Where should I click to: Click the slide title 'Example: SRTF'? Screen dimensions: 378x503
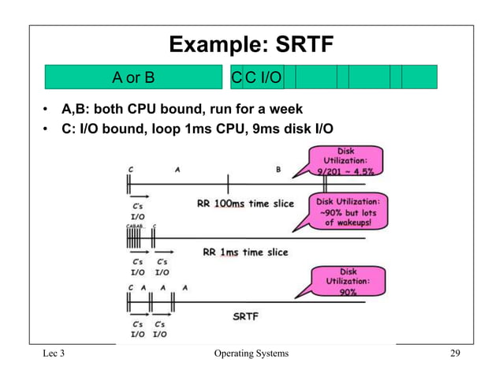point(251,45)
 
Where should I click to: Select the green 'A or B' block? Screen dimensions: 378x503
point(133,77)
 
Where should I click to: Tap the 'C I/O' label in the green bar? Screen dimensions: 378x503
point(265,77)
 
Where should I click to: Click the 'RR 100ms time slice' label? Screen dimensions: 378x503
point(244,204)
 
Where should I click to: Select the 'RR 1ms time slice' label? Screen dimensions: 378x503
point(245,253)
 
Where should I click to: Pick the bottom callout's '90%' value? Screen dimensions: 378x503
point(347,291)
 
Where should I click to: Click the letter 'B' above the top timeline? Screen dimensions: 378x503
point(278,169)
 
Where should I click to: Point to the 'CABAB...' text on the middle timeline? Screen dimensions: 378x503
point(136,226)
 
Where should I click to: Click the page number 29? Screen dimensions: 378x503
point(455,354)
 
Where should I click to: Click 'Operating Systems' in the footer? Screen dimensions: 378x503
point(251,354)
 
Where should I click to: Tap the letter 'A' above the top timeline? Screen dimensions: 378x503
point(177,169)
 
